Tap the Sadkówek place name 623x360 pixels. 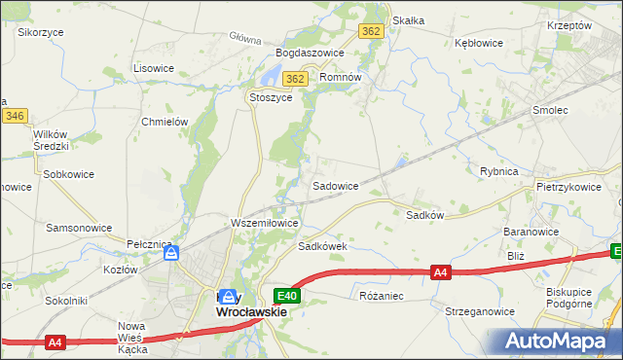(x=322, y=247)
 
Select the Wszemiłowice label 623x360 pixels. (x=264, y=223)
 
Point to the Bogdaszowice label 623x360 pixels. (x=311, y=51)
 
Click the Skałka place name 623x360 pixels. (x=408, y=20)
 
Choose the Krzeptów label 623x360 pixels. (x=569, y=25)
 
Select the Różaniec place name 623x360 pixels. (x=382, y=295)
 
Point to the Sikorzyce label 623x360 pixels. (x=41, y=32)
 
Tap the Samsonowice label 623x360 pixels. (x=79, y=227)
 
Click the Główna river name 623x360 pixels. (x=246, y=40)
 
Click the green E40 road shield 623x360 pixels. (x=286, y=295)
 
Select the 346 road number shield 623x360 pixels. (x=14, y=116)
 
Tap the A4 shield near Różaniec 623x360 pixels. (x=441, y=273)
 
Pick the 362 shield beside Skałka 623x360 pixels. (x=371, y=31)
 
